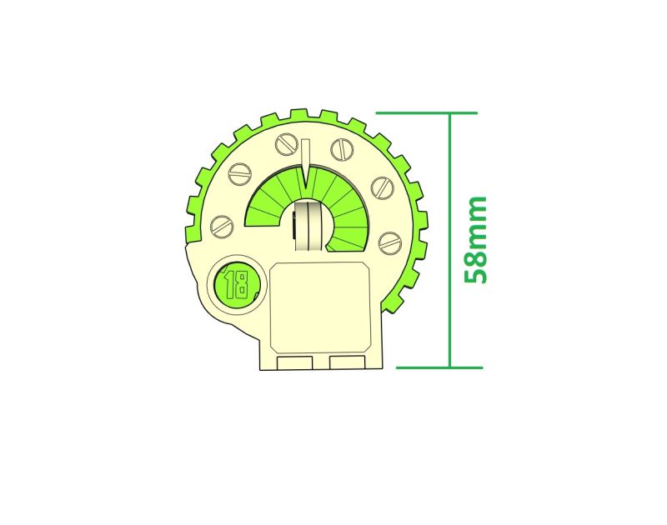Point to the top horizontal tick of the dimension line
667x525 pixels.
point(427,113)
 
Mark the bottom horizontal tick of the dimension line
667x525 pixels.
point(439,367)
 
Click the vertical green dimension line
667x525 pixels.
point(449,240)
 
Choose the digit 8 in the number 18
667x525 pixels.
point(242,285)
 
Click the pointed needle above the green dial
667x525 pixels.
point(305,163)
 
